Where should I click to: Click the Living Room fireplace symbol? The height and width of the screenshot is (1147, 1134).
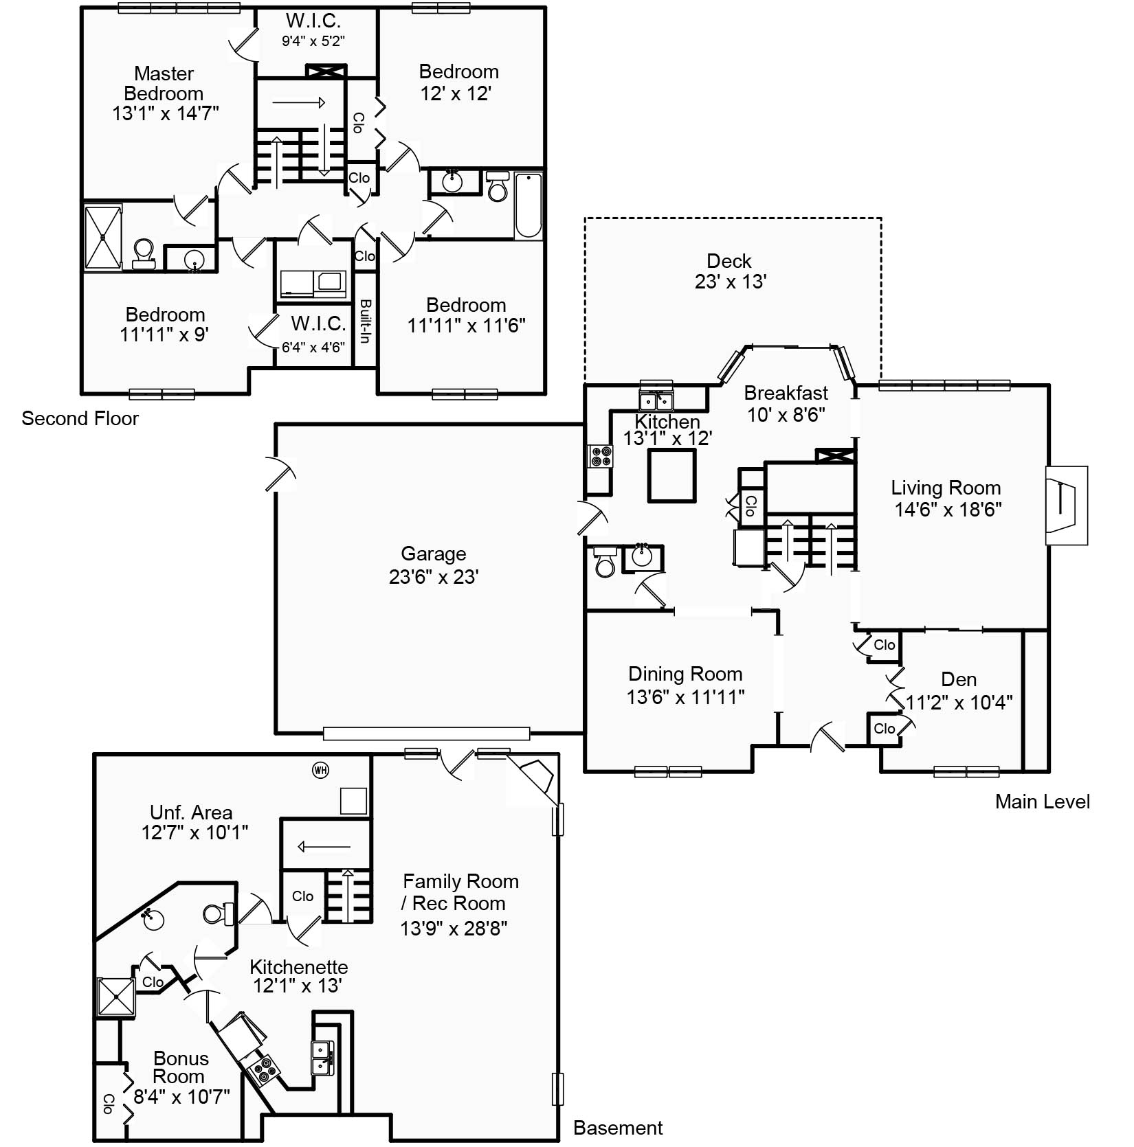[x=1065, y=506]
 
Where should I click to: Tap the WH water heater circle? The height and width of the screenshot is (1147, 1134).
[x=320, y=770]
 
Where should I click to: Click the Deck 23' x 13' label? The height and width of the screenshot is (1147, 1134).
[x=730, y=271]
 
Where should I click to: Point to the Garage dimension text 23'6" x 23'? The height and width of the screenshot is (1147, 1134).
[x=434, y=576]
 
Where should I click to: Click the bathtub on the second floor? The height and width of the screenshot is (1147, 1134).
[x=528, y=205]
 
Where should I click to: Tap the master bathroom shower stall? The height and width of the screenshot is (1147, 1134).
[x=104, y=237]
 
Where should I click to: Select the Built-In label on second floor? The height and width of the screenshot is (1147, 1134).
[x=366, y=321]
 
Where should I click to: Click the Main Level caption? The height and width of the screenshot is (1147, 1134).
[x=1042, y=802]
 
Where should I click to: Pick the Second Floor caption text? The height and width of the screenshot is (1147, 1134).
[x=80, y=418]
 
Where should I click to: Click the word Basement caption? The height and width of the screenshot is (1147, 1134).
[x=617, y=1128]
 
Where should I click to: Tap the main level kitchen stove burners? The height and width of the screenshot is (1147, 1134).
[x=601, y=456]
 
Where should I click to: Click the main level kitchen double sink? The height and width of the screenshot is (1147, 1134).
[x=656, y=400]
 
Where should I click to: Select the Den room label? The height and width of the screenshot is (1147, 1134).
[x=959, y=679]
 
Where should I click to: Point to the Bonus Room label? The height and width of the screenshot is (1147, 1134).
[x=180, y=1067]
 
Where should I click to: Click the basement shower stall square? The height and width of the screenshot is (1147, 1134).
[x=115, y=996]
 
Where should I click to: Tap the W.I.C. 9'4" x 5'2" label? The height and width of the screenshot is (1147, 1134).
[x=313, y=30]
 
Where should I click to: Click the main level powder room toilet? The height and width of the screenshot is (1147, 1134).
[x=605, y=563]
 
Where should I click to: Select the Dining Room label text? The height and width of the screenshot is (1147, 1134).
[x=685, y=674]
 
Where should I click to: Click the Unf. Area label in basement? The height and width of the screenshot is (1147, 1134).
[x=191, y=813]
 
